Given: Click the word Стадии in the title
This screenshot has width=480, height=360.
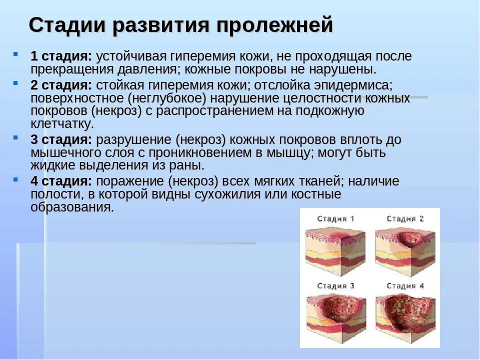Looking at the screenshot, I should [66, 25].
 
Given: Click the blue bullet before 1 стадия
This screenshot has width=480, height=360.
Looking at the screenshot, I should [16, 53].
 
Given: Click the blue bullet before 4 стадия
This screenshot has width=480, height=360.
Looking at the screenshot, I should [16, 178].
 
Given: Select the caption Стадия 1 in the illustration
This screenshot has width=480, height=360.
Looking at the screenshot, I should [336, 218].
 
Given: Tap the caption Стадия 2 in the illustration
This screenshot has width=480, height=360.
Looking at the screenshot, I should [405, 218].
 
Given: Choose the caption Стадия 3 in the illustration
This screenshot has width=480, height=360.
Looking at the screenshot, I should [336, 286].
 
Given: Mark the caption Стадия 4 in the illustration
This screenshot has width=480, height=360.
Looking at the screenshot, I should [405, 286].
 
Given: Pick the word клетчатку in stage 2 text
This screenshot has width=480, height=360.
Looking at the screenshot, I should [62, 123].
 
